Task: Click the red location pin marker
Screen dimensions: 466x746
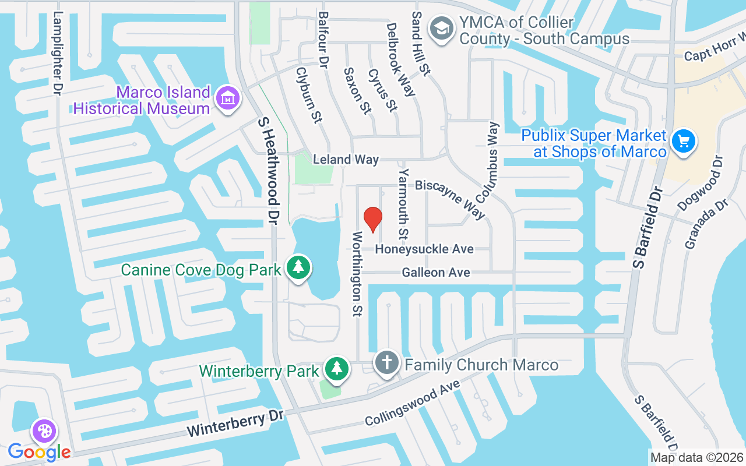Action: pyautogui.click(x=372, y=220)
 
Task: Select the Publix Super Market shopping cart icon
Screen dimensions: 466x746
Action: pyautogui.click(x=683, y=142)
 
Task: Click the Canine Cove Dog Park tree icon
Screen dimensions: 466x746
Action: pyautogui.click(x=298, y=268)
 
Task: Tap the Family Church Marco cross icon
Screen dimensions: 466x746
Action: pyautogui.click(x=386, y=363)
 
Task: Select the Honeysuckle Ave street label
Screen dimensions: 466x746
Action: pyautogui.click(x=424, y=249)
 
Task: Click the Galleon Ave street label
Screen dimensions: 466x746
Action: pyautogui.click(x=436, y=273)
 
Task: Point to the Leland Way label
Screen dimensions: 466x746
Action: pyautogui.click(x=346, y=159)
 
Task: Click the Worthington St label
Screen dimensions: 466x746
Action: pyautogui.click(x=357, y=273)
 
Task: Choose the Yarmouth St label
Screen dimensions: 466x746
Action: pyautogui.click(x=403, y=204)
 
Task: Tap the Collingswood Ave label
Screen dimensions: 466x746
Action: pyautogui.click(x=413, y=403)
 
